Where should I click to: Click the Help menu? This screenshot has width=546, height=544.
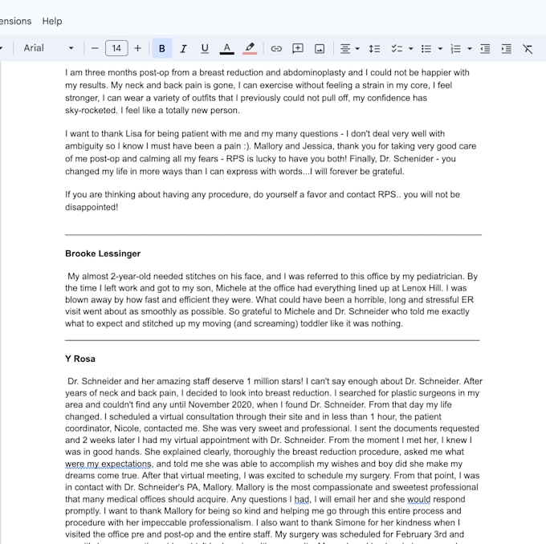coord(52,21)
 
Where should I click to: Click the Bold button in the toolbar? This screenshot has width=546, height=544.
coord(161,48)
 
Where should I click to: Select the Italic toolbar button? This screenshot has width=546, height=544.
coord(183,48)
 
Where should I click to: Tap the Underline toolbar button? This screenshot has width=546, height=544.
coord(205,48)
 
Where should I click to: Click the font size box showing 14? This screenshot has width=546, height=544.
coord(116,48)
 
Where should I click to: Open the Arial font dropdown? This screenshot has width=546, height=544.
coord(48,48)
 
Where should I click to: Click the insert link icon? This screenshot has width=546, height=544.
coord(276,48)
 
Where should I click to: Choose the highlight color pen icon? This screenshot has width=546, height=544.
coord(250,48)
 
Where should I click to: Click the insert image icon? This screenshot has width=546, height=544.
coord(320,48)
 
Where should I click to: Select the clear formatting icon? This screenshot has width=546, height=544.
coord(528,48)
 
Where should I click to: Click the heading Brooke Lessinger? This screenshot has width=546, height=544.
coord(103,254)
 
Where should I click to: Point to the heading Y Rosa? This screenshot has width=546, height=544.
coord(80,359)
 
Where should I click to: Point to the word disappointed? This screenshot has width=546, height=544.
coord(92,207)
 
